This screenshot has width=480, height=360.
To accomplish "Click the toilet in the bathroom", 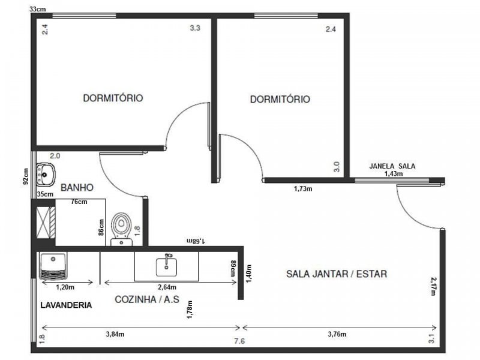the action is [122, 229].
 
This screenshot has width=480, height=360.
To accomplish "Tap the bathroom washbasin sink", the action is [46, 175].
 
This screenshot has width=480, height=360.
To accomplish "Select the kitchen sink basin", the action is [166, 266].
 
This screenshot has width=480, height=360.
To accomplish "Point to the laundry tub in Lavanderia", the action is [53, 266].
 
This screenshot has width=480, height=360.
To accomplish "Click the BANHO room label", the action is [77, 187].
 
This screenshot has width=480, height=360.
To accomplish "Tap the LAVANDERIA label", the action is [66, 305].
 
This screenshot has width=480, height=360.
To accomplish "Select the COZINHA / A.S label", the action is [147, 299].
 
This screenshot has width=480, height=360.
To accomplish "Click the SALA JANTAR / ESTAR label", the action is [337, 274].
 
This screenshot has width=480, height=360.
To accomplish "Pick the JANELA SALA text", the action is [392, 166].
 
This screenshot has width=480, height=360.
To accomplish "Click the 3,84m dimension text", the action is [115, 334].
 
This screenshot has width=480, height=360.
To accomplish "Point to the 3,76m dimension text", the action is [337, 334].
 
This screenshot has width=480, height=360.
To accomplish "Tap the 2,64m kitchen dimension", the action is [167, 287].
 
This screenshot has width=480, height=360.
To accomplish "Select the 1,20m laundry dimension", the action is [65, 287].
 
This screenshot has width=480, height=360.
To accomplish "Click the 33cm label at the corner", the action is [38, 9].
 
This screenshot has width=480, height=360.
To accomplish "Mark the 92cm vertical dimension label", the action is [26, 176].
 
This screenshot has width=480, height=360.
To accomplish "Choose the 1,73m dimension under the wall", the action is [303, 188].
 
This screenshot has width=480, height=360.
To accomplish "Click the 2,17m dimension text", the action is [433, 286].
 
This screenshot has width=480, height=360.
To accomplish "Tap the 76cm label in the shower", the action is [79, 202].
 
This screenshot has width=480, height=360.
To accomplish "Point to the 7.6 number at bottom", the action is [239, 341].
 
